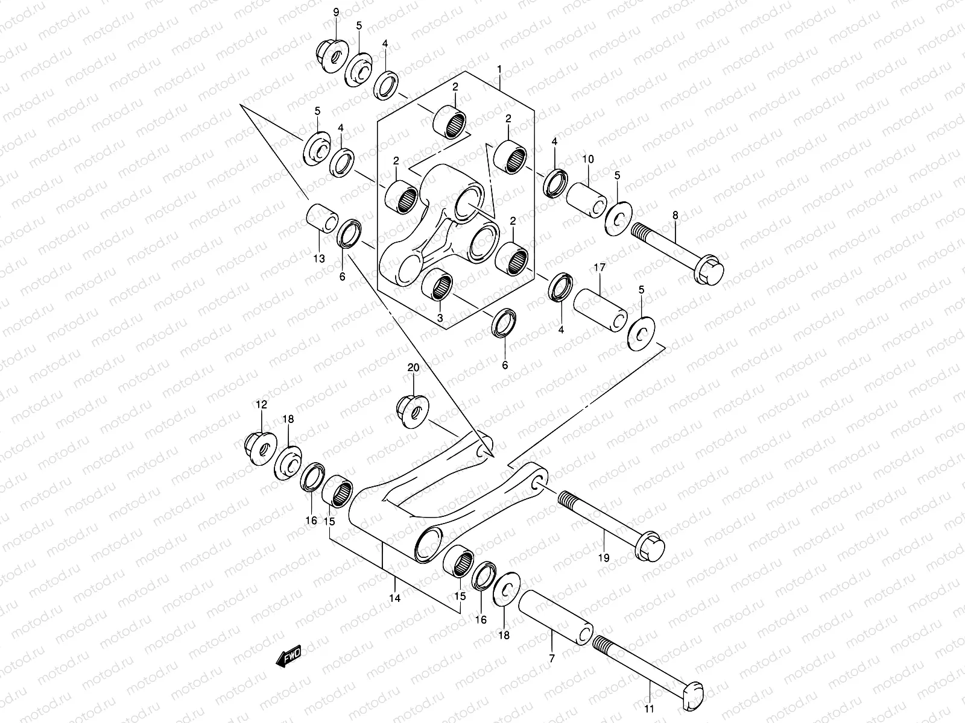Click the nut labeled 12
[261, 448]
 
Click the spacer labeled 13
[323, 221]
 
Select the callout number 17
[599, 267]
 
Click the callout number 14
[395, 598]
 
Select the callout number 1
[500, 70]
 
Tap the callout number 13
[318, 258]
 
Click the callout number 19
[604, 557]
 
